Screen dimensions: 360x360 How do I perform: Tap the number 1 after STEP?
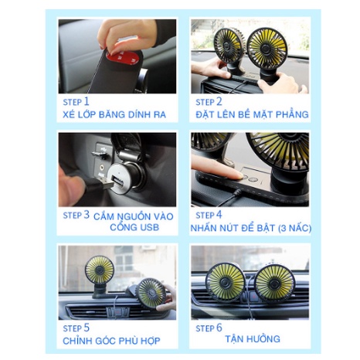click(x=87, y=100)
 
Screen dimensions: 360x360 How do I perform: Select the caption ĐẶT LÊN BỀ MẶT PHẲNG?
click(x=251, y=115)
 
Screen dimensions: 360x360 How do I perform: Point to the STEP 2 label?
click(x=208, y=101)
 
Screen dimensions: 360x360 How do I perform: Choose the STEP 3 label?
click(x=76, y=215)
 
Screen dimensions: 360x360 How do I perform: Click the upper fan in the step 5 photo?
click(x=100, y=270)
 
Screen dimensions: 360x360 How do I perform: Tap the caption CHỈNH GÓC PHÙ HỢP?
click(x=108, y=341)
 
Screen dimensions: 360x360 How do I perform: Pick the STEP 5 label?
click(x=76, y=328)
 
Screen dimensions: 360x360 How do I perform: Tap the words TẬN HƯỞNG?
click(x=252, y=339)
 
